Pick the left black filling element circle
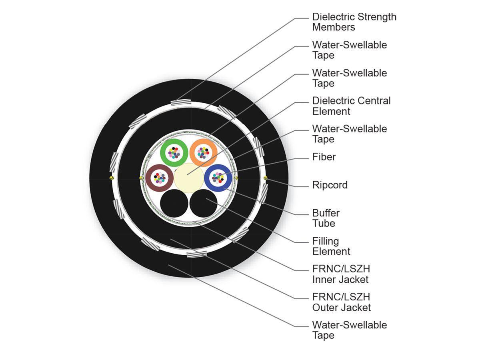point(174,203)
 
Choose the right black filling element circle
point(203,203)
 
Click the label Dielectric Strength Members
point(354,22)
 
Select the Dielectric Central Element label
point(351,106)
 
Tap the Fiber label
point(324,157)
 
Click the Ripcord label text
point(330,185)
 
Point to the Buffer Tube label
point(326,218)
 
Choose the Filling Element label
point(331,246)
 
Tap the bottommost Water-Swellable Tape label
point(349,330)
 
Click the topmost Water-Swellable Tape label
point(349,50)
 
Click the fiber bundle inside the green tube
point(174,152)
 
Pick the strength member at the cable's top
point(178,103)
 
